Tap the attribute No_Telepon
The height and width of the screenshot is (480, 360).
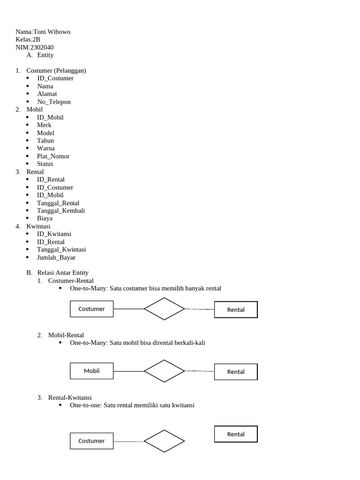pyautogui.click(x=54, y=102)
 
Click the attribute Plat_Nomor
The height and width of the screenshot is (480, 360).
pyautogui.click(x=53, y=156)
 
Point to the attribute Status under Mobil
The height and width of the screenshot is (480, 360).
pyautogui.click(x=45, y=164)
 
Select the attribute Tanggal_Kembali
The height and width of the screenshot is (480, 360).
pyautogui.click(x=61, y=210)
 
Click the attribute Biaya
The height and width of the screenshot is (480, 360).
pyautogui.click(x=45, y=218)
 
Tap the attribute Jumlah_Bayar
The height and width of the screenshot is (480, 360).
pyautogui.click(x=56, y=257)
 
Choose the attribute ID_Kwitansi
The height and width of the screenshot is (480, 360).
pyautogui.click(x=54, y=234)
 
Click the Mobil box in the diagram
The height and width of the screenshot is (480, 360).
pyautogui.click(x=91, y=371)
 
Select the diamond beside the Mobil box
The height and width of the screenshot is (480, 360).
pyautogui.click(x=164, y=371)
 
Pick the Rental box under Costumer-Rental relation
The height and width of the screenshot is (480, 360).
pyautogui.click(x=236, y=310)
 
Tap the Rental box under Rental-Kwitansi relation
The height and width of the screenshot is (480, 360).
pyautogui.click(x=236, y=434)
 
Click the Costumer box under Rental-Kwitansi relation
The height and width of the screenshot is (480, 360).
pyautogui.click(x=91, y=441)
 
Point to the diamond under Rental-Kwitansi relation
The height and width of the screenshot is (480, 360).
pyautogui.click(x=164, y=441)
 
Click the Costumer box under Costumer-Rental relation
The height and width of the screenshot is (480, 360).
pyautogui.click(x=91, y=309)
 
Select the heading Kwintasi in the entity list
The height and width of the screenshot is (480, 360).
pyautogui.click(x=38, y=226)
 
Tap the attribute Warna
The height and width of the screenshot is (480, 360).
pyautogui.click(x=46, y=149)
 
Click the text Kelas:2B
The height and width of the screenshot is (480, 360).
pyautogui.click(x=28, y=40)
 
